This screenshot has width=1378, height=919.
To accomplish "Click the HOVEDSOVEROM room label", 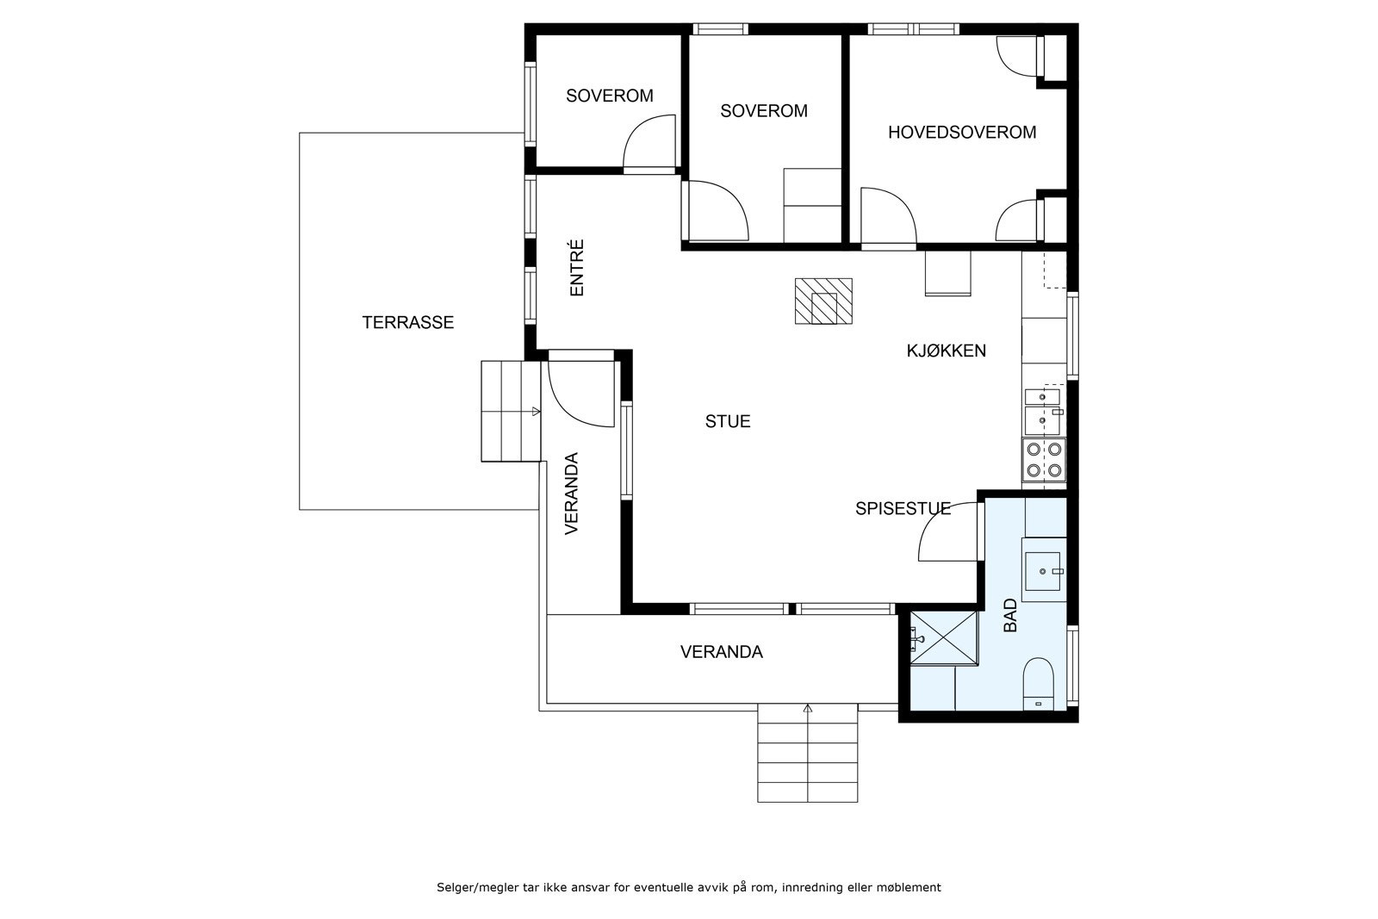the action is tap(962, 133).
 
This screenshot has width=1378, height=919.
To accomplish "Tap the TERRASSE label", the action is tap(408, 322).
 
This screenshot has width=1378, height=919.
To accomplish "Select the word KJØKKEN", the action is tap(947, 351).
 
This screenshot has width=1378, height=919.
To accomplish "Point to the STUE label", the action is tap(728, 421).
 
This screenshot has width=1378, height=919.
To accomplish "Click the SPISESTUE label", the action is tap(903, 509).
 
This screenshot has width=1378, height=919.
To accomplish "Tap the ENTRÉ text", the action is tap(576, 268).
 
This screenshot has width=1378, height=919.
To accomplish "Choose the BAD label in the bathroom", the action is tap(1011, 615).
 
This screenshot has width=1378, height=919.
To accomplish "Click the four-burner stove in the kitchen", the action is tap(1044, 460).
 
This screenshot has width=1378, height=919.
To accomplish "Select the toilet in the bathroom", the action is tap(1039, 684).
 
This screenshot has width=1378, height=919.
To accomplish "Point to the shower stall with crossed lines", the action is tap(944, 638).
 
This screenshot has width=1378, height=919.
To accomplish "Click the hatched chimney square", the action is tap(823, 301).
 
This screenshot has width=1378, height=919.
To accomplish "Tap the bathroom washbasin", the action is tap(1043, 571).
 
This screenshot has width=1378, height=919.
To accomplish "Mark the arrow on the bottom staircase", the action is tap(808, 709).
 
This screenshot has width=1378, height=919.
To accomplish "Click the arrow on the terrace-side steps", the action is tap(536, 412).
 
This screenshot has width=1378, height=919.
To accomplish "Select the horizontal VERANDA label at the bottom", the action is tap(722, 652).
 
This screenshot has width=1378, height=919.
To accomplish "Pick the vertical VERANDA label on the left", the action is tap(572, 494).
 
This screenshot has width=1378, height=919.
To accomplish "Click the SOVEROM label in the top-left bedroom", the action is tap(610, 96).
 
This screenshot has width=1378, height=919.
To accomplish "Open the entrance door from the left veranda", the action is tap(581, 394).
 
